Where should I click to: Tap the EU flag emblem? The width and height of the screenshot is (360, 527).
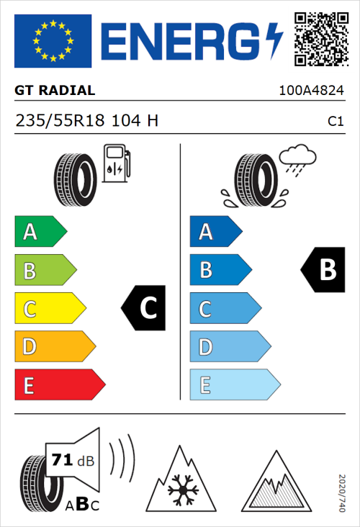tap(53, 41)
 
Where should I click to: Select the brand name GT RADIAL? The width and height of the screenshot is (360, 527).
tap(55, 91)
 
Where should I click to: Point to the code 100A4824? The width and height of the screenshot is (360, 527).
tap(311, 91)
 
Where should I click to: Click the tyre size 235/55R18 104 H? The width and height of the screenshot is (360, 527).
tap(86, 121)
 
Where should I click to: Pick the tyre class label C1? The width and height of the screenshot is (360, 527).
tap(335, 122)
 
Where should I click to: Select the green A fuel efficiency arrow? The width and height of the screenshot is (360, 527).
tap(40, 232)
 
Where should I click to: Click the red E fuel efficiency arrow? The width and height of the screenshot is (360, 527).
tap(59, 384)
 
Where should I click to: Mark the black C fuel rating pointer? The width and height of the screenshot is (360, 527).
tap(145, 308)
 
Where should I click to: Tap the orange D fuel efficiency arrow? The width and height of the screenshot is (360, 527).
tap(54, 346)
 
